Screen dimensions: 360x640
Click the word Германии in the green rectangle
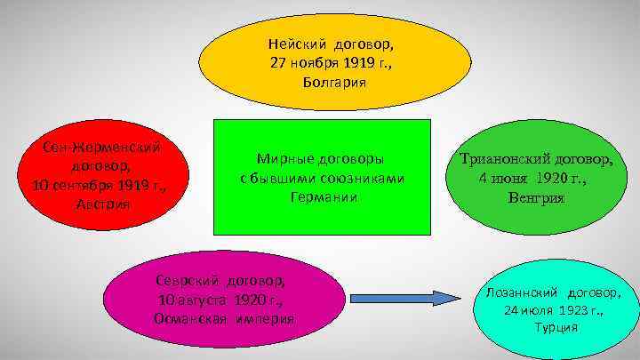click(324, 196)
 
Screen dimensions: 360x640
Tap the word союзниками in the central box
click(361, 178)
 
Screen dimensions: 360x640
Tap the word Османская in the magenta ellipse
click(183, 318)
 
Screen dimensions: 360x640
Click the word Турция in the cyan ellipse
click(556, 328)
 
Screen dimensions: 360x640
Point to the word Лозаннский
click(523, 292)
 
